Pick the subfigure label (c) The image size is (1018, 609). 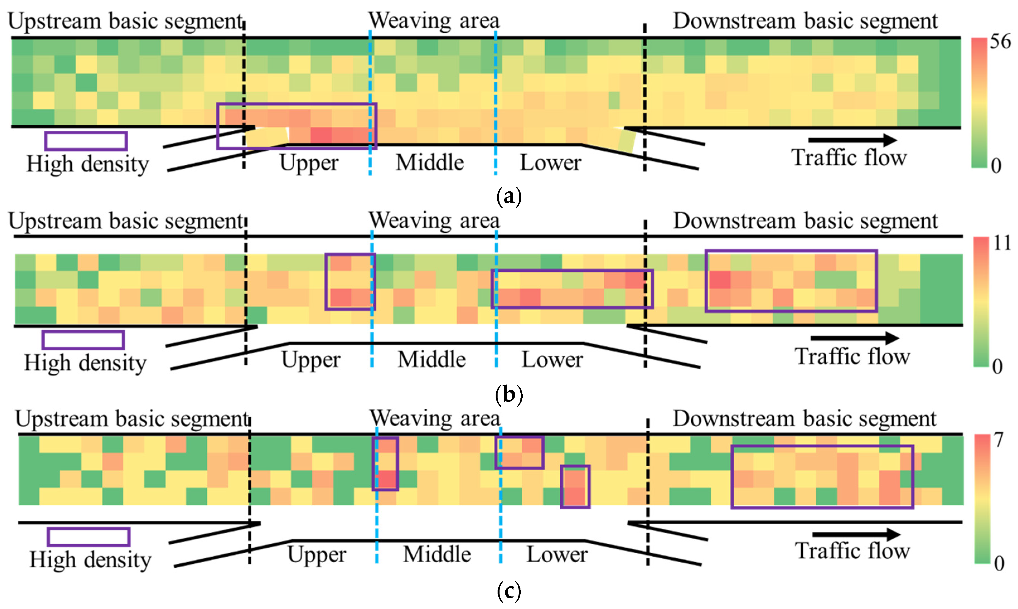pos(509,591)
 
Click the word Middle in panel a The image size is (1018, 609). pos(430,162)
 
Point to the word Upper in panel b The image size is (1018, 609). pos(311,360)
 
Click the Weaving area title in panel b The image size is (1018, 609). pos(434,220)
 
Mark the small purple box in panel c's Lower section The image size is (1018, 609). pos(575,487)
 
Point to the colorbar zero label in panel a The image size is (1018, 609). pos(996,166)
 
